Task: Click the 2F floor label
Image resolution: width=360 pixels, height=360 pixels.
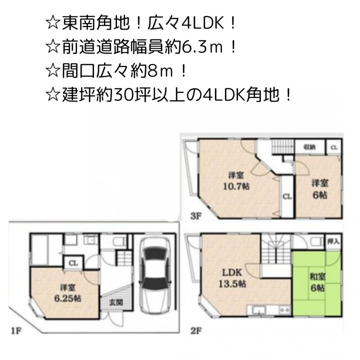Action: (196, 331)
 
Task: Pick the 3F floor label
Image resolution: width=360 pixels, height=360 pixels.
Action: (195, 216)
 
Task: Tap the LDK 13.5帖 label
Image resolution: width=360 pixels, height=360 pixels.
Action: (232, 278)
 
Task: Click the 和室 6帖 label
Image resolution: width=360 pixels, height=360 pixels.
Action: (317, 282)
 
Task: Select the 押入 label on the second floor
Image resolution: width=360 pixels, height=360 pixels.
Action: (334, 242)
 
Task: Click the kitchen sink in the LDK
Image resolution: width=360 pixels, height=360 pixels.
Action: (259, 310)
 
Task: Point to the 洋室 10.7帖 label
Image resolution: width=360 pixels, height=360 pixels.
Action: (236, 181)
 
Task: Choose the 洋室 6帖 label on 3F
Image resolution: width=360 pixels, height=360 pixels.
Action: (320, 189)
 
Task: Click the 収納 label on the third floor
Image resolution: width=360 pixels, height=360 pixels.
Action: (310, 147)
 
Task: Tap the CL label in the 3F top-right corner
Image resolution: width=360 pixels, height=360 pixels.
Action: (334, 148)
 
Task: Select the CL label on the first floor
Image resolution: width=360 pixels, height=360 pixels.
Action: (73, 263)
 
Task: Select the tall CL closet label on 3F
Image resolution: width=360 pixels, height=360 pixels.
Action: (287, 197)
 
